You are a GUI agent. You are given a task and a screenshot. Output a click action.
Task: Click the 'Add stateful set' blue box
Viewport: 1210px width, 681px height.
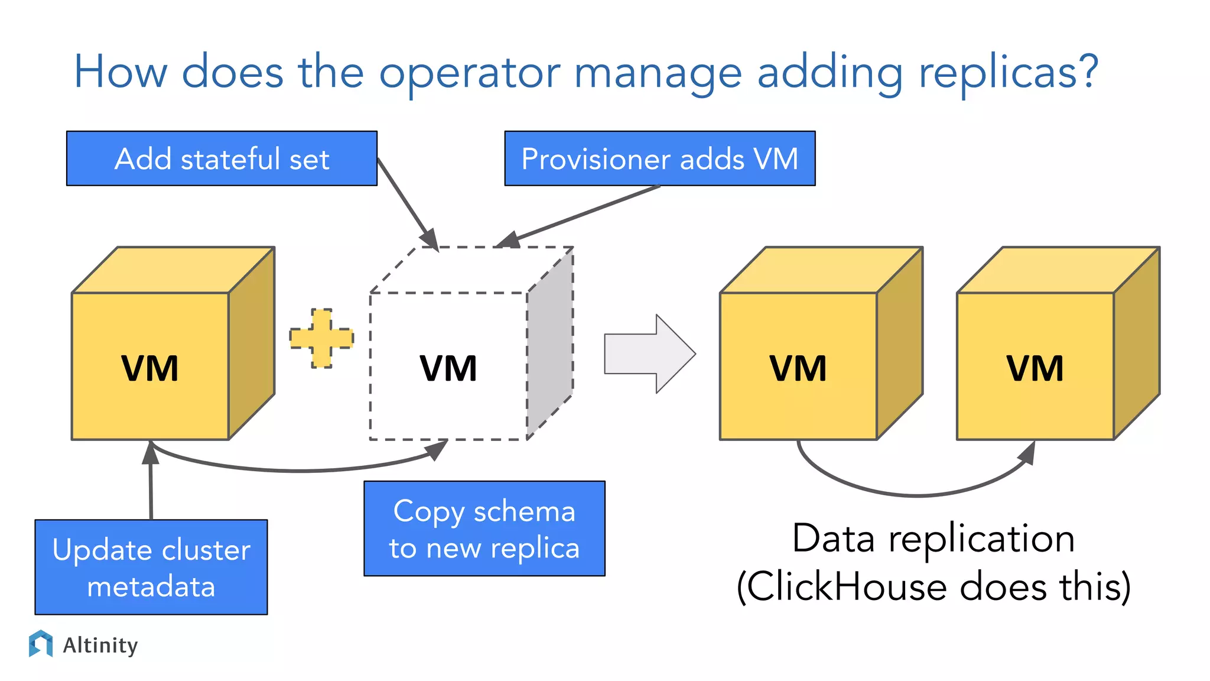[x=222, y=158]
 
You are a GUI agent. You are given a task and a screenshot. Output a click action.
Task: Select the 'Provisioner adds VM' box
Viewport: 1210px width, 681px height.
[x=659, y=158]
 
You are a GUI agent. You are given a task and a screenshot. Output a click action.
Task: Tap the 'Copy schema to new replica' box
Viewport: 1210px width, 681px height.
[x=484, y=528]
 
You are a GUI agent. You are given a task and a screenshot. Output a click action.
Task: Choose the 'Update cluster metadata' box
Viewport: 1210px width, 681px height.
[x=151, y=567]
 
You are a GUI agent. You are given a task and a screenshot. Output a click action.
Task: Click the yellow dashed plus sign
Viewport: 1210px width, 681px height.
[x=321, y=339]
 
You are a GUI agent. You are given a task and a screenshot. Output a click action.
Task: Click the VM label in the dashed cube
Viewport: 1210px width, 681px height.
[x=448, y=368]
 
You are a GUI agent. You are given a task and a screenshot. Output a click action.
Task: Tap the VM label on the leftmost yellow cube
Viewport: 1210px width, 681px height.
[x=150, y=368]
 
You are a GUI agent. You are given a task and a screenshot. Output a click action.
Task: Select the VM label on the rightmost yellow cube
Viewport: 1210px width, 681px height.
[x=1035, y=368]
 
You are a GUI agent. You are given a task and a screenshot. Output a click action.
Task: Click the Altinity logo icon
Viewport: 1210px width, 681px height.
[x=41, y=644]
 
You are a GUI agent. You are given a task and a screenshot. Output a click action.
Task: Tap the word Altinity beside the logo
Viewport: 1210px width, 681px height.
[x=100, y=645]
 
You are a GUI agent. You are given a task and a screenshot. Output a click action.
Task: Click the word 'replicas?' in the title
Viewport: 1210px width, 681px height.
[x=1008, y=72]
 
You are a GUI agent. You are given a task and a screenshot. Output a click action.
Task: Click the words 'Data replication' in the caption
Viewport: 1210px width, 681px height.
[x=933, y=539]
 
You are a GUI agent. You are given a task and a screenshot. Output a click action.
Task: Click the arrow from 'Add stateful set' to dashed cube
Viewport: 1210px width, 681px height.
[x=408, y=205]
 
